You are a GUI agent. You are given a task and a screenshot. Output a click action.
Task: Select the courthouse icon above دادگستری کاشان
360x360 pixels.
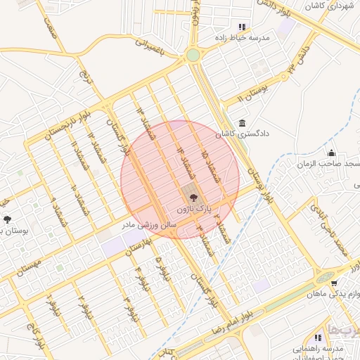(x=243, y=122)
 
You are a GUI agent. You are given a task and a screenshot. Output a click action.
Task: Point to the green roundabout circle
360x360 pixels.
(x=193, y=55)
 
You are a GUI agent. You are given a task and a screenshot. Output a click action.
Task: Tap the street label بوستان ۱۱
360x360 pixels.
(x=250, y=94)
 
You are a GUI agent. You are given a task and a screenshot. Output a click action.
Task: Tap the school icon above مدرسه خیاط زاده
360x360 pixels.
(x=243, y=27)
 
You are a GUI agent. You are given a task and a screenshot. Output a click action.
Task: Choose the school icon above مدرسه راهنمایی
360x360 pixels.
(x=328, y=337)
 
